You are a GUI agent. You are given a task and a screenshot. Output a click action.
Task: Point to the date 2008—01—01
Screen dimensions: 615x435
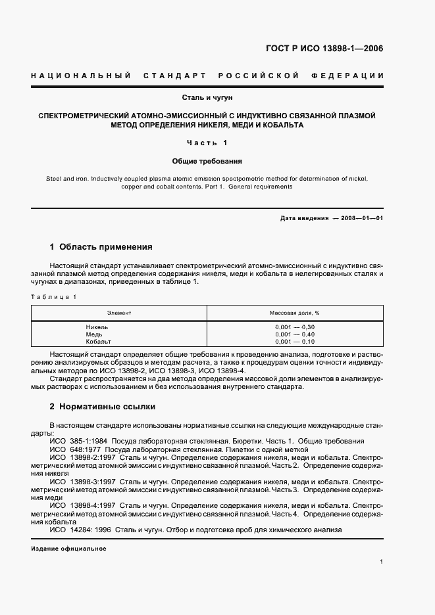(360, 218)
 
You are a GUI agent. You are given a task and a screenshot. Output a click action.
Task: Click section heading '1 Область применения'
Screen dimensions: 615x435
(101, 247)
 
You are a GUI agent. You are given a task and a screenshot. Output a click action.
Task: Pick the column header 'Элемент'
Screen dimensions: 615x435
(119, 313)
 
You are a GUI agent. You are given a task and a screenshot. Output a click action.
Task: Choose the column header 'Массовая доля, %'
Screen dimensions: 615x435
(294, 313)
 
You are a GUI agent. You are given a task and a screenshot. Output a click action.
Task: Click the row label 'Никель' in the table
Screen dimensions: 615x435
(97, 327)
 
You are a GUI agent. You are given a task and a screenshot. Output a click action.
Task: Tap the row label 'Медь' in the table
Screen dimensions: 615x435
(94, 334)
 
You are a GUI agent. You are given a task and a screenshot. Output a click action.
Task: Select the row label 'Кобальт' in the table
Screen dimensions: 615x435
(99, 342)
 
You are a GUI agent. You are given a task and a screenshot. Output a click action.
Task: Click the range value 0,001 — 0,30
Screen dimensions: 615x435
(295, 327)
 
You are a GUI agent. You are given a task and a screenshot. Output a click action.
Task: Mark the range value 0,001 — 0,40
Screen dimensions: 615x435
(295, 334)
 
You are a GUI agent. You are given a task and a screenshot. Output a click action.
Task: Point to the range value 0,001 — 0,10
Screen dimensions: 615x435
(295, 342)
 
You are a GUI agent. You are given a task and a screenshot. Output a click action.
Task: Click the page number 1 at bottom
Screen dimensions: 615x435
(382, 562)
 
